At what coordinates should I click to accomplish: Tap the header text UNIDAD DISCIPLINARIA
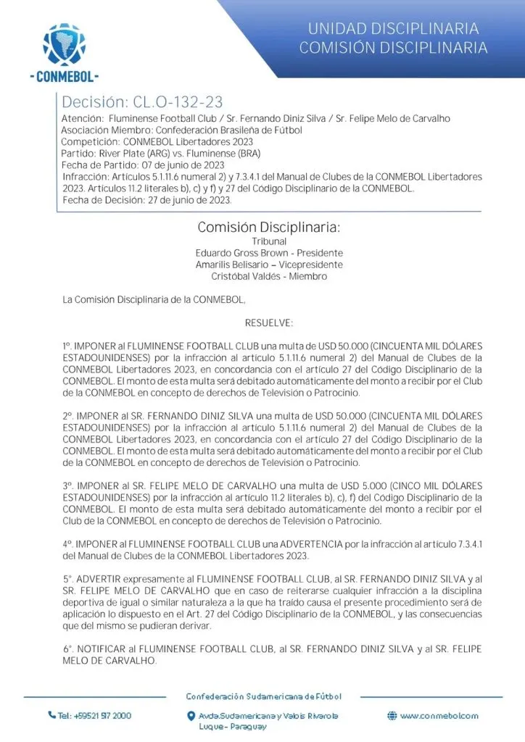point(393,29)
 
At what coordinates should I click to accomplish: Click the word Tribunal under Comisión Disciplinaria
point(270,241)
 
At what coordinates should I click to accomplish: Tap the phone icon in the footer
point(51,715)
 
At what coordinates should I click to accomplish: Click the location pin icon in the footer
point(190,716)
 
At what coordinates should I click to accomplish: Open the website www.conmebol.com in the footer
point(439,716)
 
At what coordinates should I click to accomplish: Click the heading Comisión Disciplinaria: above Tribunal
point(269,228)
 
